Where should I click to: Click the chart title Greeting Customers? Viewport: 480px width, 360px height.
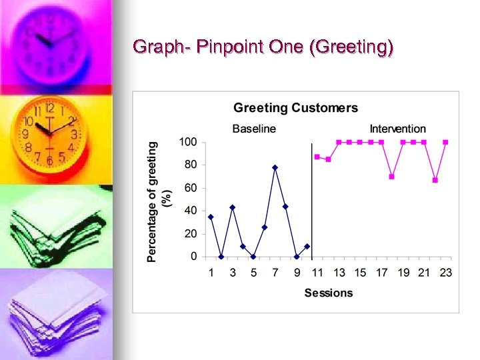295,108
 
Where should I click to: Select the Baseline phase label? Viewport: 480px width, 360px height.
253,129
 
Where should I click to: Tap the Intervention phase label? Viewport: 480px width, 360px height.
397,129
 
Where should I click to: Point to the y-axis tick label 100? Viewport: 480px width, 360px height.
188,142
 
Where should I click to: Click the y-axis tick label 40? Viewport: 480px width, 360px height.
191,211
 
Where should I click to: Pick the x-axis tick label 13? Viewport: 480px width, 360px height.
339,273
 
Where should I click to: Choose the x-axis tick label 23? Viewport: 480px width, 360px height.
445,273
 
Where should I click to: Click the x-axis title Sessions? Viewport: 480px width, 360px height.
328,293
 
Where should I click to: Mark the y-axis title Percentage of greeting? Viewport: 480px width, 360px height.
153,199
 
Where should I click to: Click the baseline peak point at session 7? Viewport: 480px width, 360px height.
275,167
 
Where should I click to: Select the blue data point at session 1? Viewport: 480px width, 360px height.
211,217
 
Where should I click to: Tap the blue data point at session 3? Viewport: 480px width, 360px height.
232,207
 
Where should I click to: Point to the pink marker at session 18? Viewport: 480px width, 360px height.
392,177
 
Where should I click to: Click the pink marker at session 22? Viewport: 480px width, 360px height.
435,180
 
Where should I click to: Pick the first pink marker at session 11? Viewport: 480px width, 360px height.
317,157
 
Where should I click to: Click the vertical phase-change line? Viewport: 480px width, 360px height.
312,200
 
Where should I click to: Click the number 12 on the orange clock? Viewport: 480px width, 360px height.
49,107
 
